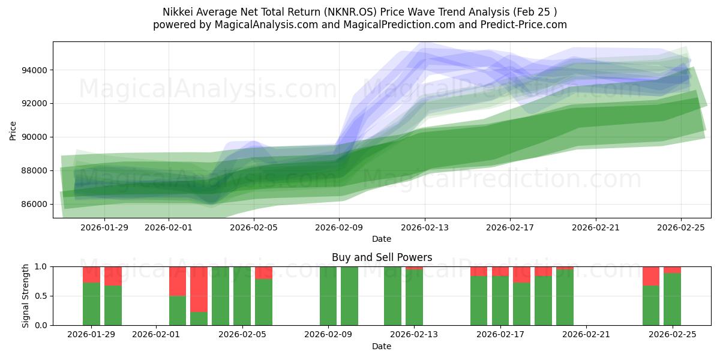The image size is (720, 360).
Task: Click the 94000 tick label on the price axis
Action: (x=35, y=70)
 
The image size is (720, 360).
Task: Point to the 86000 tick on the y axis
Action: (x=35, y=204)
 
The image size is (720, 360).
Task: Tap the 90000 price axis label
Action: (x=35, y=137)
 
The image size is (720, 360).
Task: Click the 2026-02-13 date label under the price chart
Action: (x=425, y=227)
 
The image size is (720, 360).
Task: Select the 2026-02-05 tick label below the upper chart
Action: (x=254, y=227)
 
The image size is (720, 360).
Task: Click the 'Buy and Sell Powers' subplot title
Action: (x=382, y=257)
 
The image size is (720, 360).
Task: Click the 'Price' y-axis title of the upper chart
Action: (x=14, y=130)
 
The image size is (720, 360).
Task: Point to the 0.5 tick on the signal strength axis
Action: (x=42, y=296)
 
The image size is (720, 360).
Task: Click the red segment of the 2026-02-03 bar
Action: (x=199, y=289)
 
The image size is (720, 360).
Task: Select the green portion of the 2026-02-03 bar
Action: (x=199, y=319)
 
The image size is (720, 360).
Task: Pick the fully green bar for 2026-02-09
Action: (x=328, y=296)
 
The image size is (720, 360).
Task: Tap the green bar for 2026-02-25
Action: (x=672, y=299)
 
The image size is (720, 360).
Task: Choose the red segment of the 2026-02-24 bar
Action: (x=650, y=275)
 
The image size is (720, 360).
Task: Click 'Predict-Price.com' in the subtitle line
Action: (x=521, y=25)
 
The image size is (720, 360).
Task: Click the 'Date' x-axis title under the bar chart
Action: (x=382, y=346)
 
